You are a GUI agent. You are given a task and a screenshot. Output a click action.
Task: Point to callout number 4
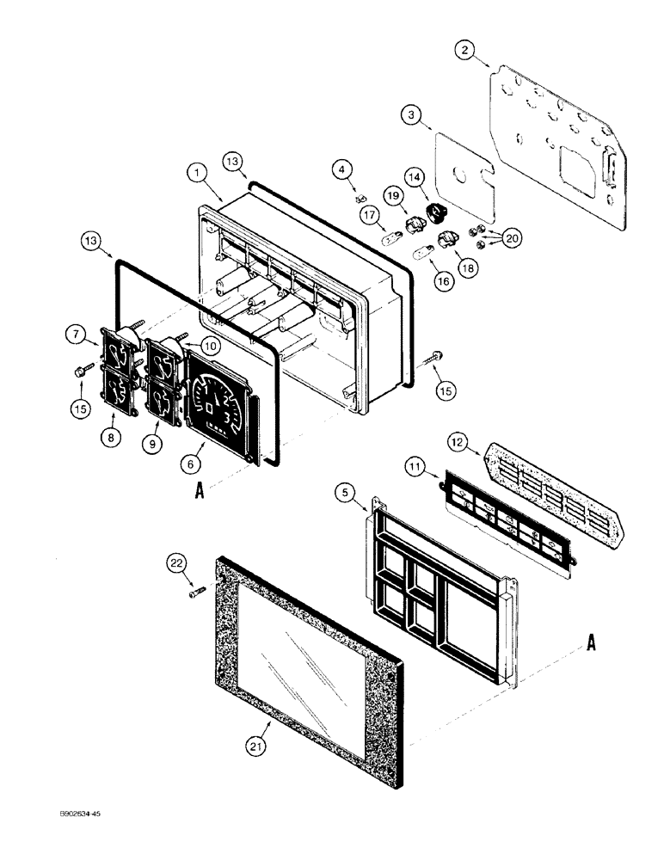pos(346,171)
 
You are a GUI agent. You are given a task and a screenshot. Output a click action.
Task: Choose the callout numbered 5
pos(343,494)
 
